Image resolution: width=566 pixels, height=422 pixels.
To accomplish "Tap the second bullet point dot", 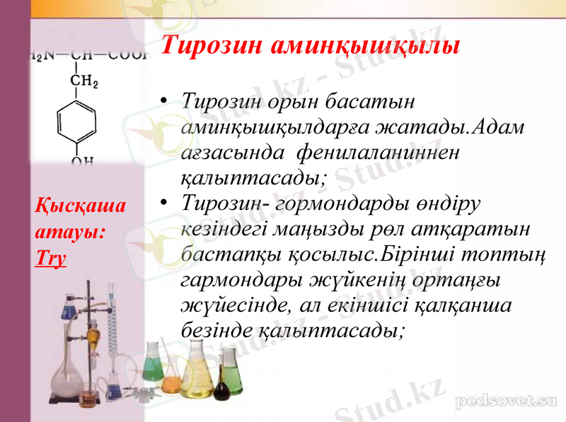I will click(164, 203).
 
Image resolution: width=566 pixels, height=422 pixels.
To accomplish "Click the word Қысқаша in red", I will click(80, 206).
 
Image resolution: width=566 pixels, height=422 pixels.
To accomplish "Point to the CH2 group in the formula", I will click(83, 82).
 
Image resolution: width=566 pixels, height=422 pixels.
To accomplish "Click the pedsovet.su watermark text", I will click(504, 401).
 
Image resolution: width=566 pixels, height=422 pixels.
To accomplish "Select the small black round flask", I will click(222, 389).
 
